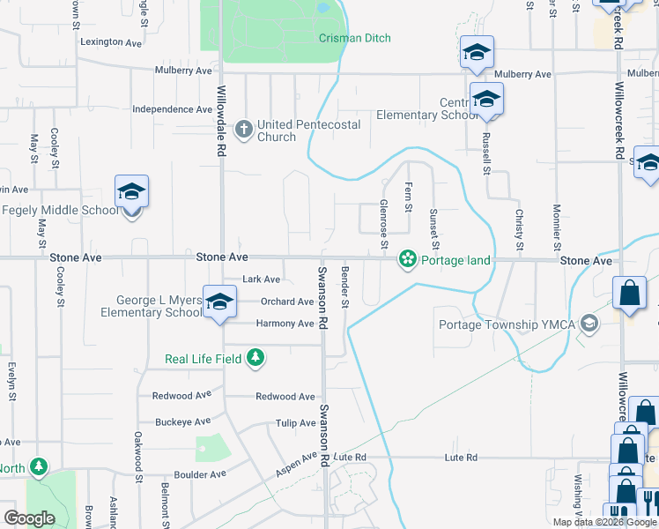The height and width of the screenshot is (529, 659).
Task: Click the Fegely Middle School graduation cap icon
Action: coord(131,192)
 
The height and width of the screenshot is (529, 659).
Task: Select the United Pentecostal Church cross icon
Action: coord(245,130)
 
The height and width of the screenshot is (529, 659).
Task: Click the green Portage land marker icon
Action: coord(408,259)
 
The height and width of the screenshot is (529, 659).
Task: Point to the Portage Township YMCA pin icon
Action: coord(589,324)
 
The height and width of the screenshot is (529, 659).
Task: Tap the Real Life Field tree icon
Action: coord(255,358)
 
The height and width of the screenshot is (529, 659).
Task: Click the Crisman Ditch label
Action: coord(355,38)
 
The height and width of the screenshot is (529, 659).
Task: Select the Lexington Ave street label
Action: coord(111,41)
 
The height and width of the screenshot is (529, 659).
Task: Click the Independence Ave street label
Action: coord(172,109)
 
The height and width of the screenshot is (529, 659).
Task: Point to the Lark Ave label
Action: coord(261,279)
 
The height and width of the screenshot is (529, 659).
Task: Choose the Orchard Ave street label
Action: coord(287,302)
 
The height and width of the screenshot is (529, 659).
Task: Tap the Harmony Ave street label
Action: coord(285,324)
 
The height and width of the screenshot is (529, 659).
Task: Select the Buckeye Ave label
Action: coord(182,421)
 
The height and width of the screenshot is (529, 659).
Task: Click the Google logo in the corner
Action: coord(29,518)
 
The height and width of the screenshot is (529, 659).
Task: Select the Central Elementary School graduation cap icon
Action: coord(485,100)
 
